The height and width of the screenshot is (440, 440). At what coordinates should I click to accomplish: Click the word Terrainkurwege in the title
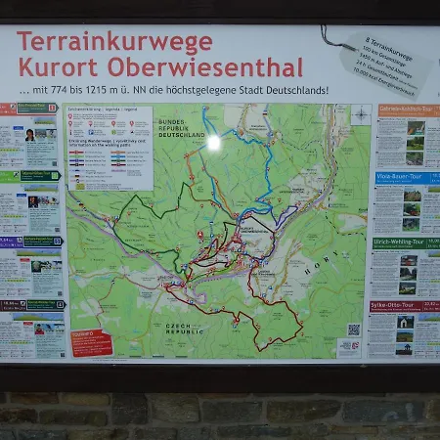(x=113, y=42)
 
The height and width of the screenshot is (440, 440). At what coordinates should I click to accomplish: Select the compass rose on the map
(x=360, y=114)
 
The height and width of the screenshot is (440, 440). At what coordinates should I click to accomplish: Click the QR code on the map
(x=353, y=330)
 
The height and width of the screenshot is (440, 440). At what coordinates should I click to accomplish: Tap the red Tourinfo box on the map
(x=91, y=342)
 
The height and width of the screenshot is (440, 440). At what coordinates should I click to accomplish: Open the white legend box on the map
(x=109, y=147)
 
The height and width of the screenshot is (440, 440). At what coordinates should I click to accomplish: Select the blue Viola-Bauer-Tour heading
(x=407, y=178)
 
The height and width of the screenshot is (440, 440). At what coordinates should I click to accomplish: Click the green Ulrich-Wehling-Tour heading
(x=407, y=242)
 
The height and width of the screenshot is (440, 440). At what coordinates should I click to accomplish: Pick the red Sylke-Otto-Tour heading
(x=407, y=306)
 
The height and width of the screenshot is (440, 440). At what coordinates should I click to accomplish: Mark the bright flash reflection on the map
(x=213, y=142)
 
